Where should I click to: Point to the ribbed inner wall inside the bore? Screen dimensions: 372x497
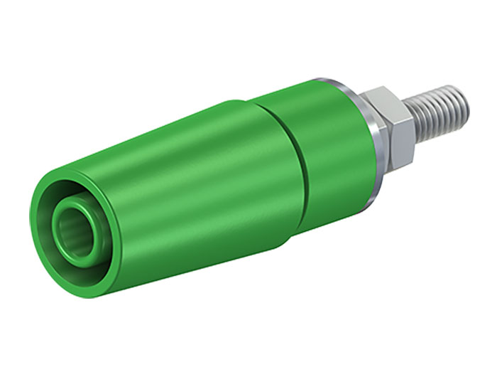pos(67,231)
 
